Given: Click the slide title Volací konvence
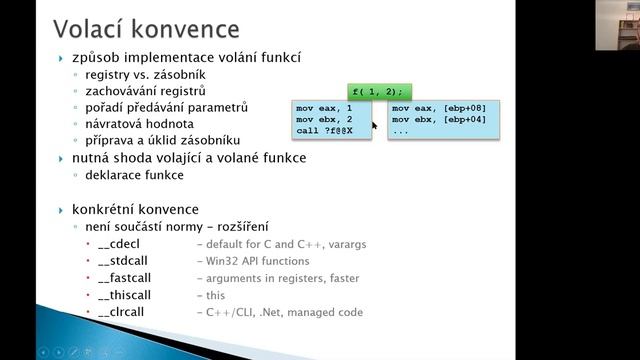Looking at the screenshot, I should point(146,26).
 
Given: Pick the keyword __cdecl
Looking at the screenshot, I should point(121,244).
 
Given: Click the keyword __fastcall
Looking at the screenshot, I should point(127,278).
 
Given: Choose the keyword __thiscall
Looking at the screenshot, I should point(127,295).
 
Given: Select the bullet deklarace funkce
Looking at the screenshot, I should point(134,175).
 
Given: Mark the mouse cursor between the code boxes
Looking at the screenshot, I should point(375,126).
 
